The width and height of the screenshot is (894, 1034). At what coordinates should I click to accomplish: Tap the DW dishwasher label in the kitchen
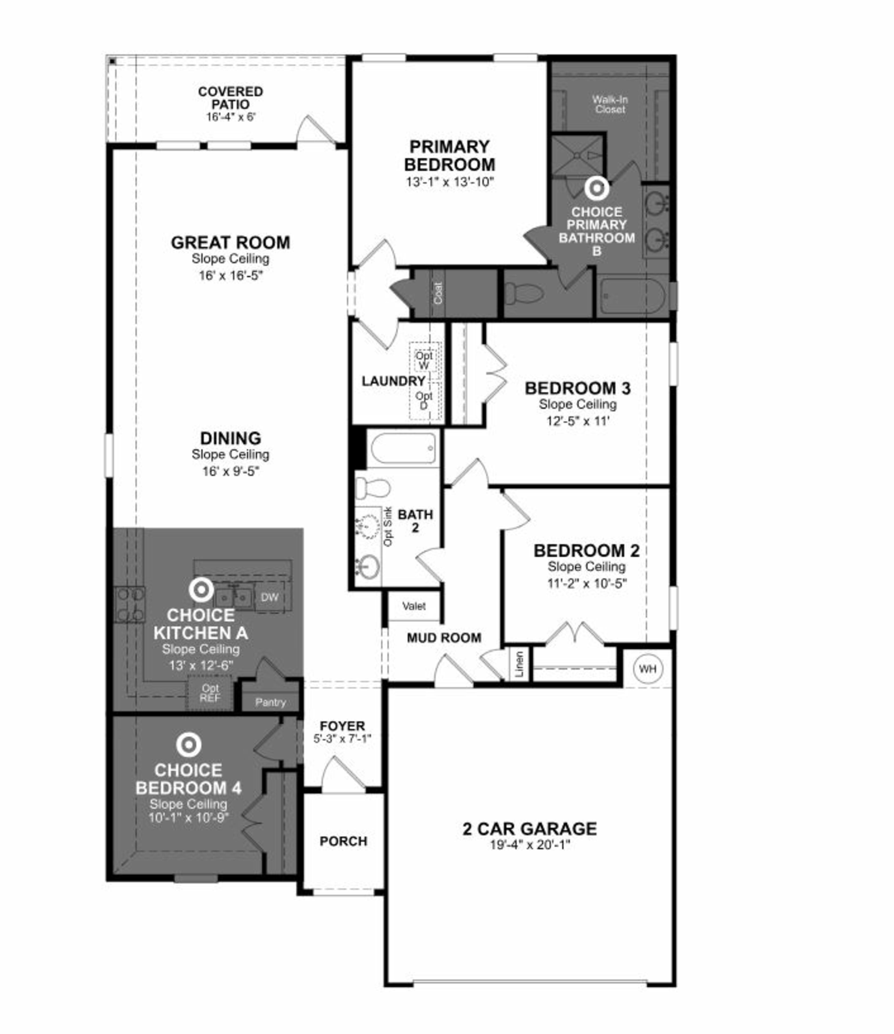click(x=270, y=597)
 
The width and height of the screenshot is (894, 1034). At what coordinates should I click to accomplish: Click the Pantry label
click(x=270, y=702)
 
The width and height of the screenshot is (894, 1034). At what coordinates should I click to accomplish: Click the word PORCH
click(x=343, y=841)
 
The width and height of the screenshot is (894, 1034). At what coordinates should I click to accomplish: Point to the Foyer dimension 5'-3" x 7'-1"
click(x=342, y=739)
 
